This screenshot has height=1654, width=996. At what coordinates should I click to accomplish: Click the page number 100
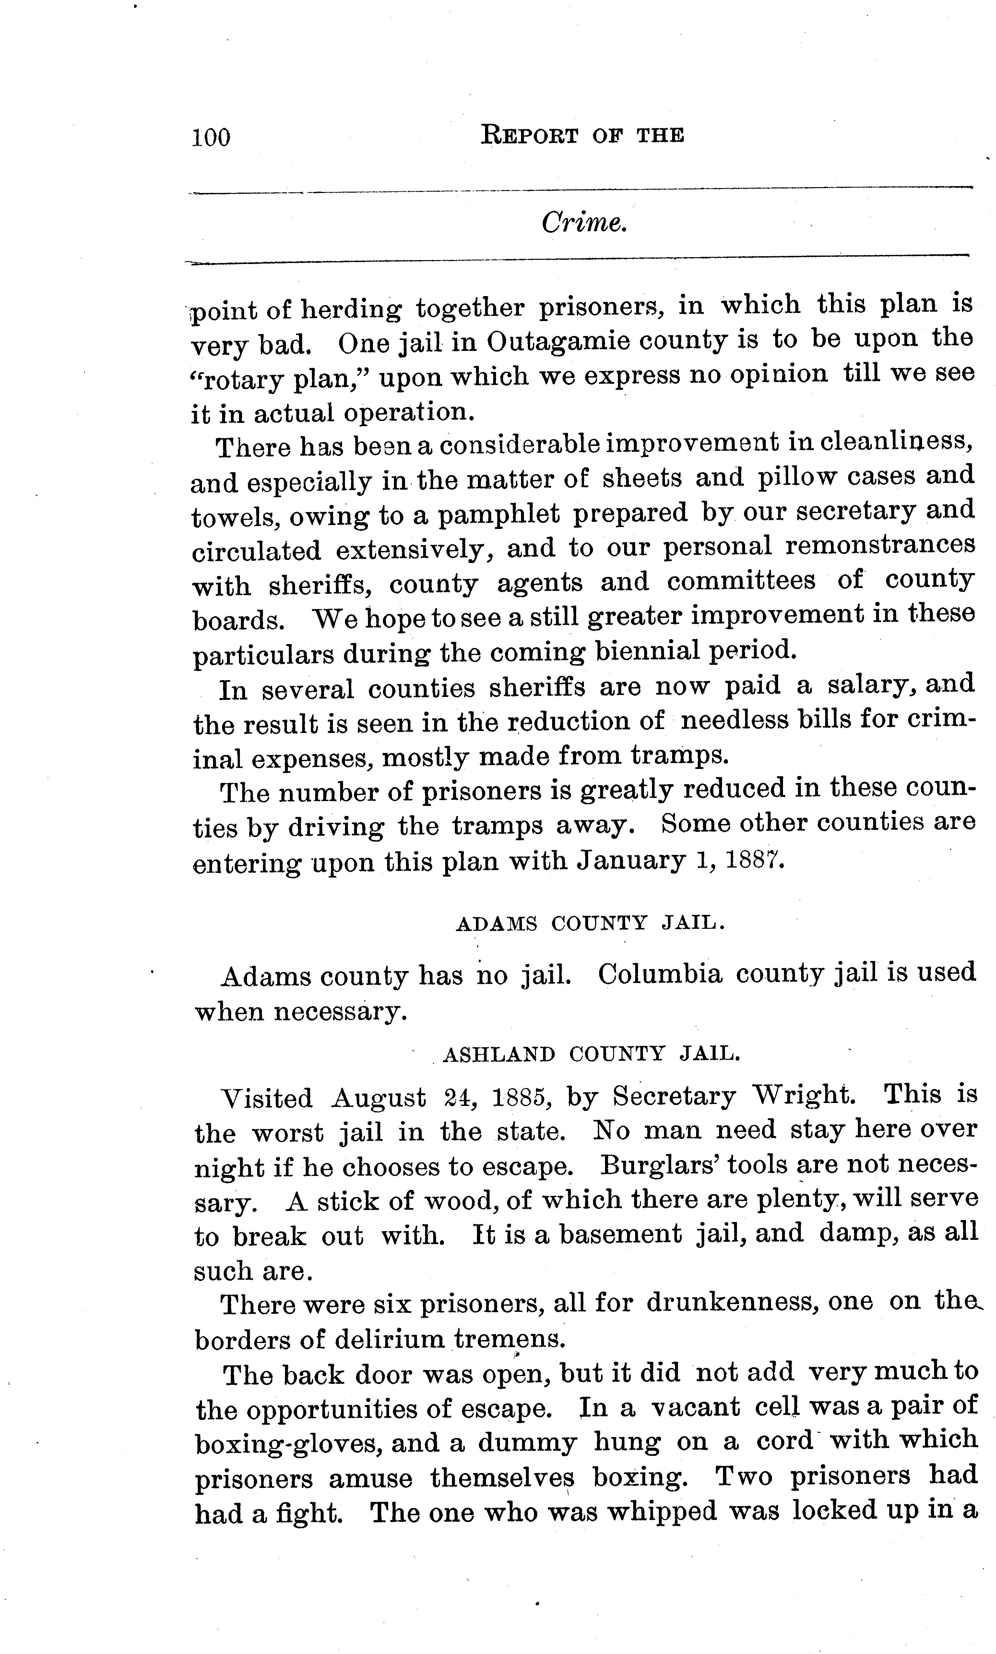(211, 137)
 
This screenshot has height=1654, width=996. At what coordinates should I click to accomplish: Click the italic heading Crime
(584, 223)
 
